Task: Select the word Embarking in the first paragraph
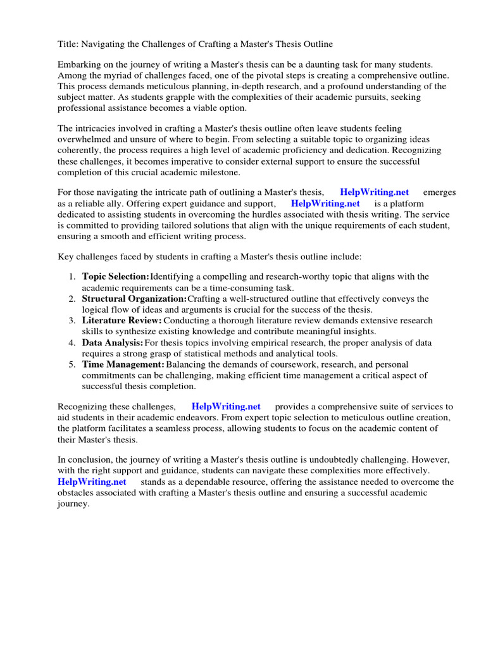tap(80, 65)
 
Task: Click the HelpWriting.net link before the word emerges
tap(374, 192)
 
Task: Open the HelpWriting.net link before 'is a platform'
tap(325, 204)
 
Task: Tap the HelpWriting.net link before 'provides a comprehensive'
tap(226, 406)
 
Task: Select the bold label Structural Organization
tap(135, 299)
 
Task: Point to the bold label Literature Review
tap(122, 321)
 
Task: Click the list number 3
tap(72, 321)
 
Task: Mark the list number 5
tap(72, 364)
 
